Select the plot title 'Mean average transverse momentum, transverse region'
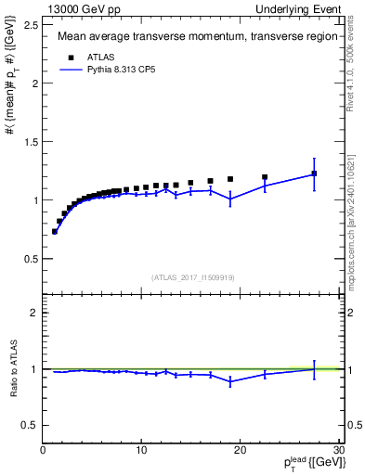[193, 38]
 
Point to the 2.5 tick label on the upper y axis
[31, 25]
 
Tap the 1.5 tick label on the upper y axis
[31, 141]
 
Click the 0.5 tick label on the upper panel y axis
[31, 258]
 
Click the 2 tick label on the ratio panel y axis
[35, 313]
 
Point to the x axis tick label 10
[140, 450]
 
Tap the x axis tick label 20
[240, 450]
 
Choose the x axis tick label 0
[43, 450]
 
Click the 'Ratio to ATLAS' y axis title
[13, 368]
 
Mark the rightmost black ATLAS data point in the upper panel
[314, 173]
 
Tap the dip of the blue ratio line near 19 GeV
[230, 381]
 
